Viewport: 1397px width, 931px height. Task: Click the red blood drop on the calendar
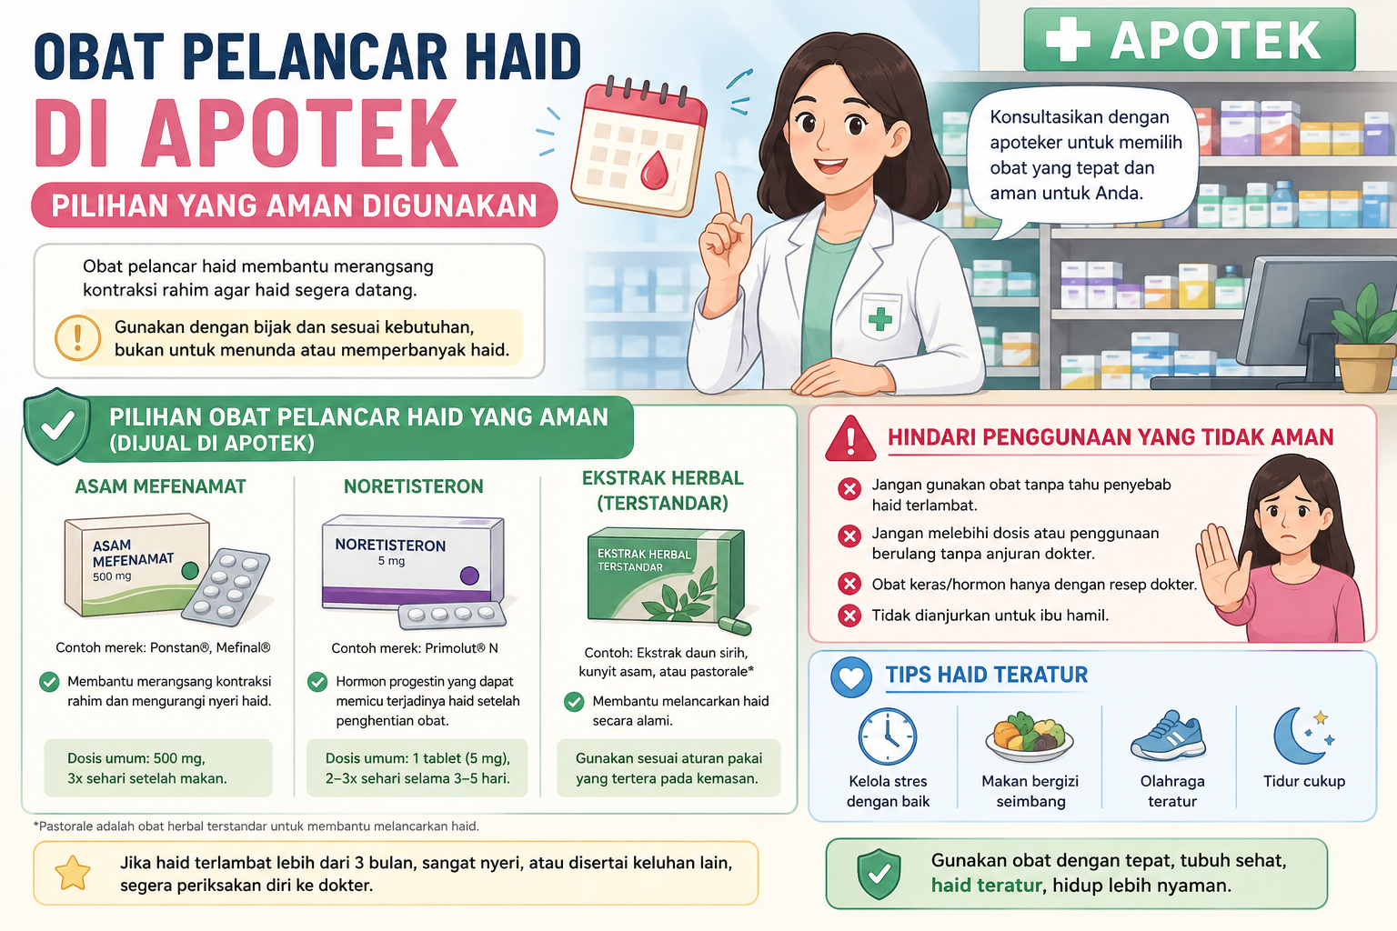pyautogui.click(x=654, y=170)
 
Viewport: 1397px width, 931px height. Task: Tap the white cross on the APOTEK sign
pyautogui.click(x=1069, y=39)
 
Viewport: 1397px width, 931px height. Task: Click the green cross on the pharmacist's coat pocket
pyautogui.click(x=880, y=319)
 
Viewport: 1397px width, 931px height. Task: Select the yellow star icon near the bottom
pyautogui.click(x=73, y=873)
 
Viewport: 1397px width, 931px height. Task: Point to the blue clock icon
pyautogui.click(x=888, y=736)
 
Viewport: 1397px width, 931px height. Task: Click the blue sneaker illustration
pyautogui.click(x=1168, y=736)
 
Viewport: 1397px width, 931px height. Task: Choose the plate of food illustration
pyautogui.click(x=1029, y=737)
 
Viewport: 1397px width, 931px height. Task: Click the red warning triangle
pyautogui.click(x=850, y=438)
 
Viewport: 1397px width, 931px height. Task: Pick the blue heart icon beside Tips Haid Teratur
pyautogui.click(x=851, y=677)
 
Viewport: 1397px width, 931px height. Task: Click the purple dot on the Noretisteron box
pyautogui.click(x=469, y=575)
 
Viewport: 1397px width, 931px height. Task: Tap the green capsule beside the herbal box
pyautogui.click(x=735, y=625)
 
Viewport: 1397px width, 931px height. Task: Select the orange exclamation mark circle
pyautogui.click(x=78, y=338)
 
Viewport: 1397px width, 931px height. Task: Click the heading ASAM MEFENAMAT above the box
pyautogui.click(x=160, y=486)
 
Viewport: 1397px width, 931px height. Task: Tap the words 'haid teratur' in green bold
pyautogui.click(x=986, y=886)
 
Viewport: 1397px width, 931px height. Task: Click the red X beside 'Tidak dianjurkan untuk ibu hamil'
pyautogui.click(x=849, y=616)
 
